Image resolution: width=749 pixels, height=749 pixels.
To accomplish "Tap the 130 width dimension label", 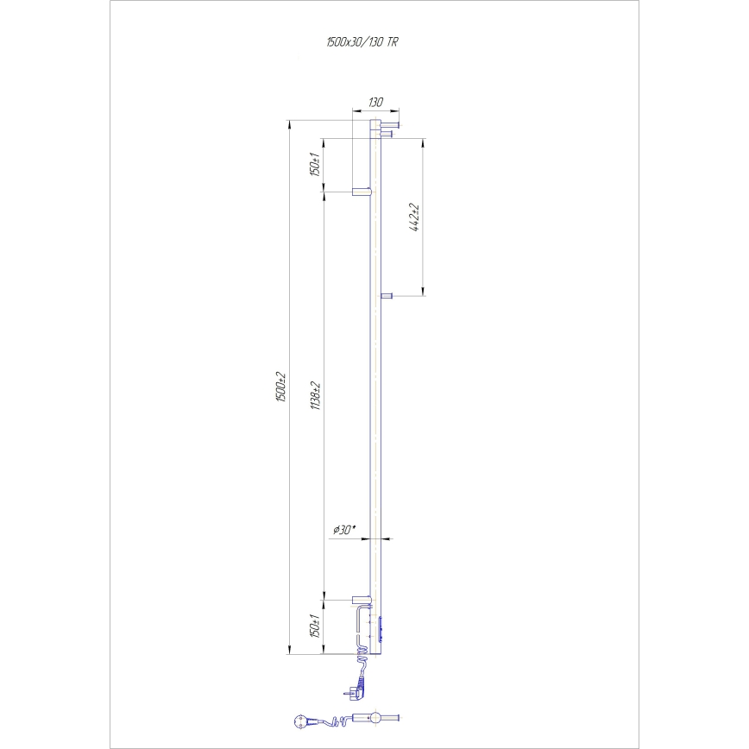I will coord(375,102).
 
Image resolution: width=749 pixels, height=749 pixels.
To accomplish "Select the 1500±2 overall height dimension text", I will coord(280,388).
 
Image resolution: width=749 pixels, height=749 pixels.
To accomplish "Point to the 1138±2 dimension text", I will coord(317,395).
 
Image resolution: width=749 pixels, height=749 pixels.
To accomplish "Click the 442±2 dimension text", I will coord(415,217).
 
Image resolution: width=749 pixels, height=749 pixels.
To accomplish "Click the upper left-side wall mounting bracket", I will coord(360,191).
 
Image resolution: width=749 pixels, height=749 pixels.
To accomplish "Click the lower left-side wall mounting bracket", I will coord(360,598).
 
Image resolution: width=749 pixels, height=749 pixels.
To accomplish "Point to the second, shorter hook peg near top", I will coord(387,133).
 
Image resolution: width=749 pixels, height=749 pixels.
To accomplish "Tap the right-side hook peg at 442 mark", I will coord(387,296).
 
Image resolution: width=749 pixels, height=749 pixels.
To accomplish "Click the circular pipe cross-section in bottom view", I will coord(375,718).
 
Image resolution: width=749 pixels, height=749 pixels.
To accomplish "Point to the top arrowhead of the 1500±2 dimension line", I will coord(287,123).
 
